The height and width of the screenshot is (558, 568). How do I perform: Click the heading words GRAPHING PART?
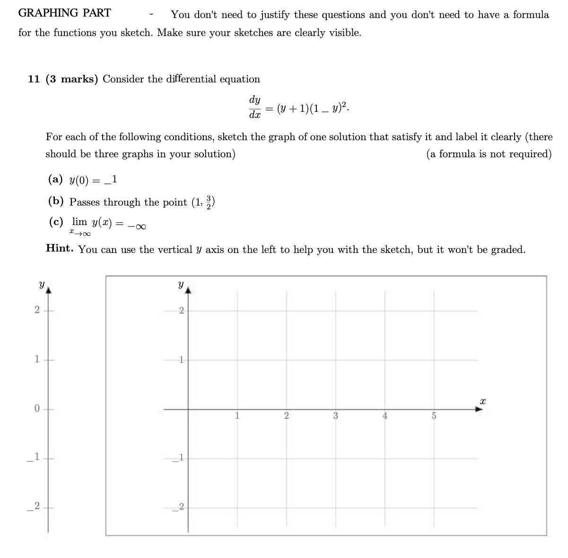tap(64, 13)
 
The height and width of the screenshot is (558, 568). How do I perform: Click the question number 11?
tap(34, 79)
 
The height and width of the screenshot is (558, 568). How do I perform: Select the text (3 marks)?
tap(72, 79)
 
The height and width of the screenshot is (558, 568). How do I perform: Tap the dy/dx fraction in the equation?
tap(254, 107)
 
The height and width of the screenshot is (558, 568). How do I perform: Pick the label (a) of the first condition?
tap(55, 179)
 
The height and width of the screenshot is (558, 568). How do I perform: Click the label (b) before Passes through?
tap(56, 201)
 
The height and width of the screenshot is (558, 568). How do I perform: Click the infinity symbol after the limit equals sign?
tap(140, 226)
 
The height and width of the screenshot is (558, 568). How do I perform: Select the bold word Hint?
tap(59, 248)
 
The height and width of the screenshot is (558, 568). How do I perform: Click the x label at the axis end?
tap(482, 401)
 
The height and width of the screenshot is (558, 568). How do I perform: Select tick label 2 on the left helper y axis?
tap(37, 310)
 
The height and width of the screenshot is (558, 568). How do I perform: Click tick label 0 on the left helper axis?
tap(37, 409)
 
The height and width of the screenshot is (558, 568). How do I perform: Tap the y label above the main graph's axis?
tap(181, 285)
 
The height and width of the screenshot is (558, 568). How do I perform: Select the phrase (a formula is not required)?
tap(489, 154)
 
